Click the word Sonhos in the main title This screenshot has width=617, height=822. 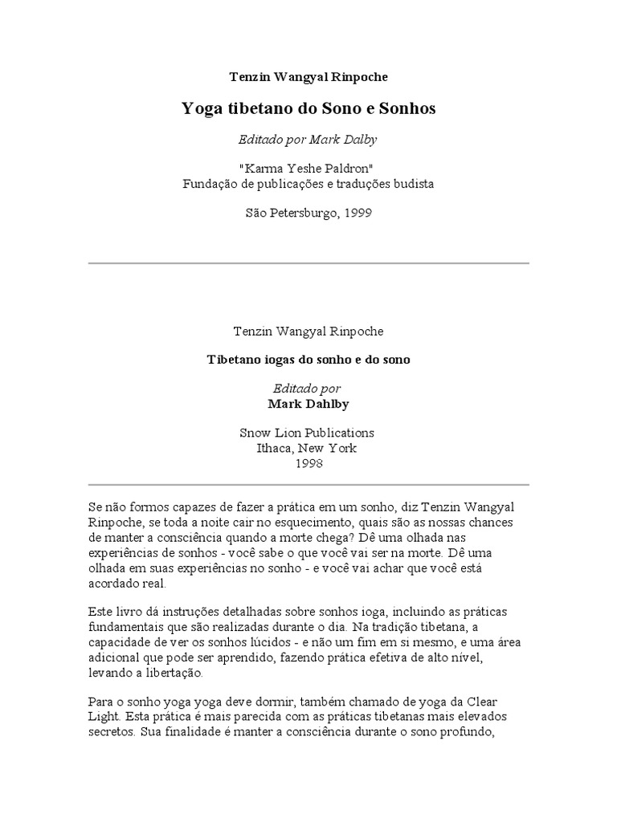pyautogui.click(x=407, y=109)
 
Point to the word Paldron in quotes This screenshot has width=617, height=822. pyautogui.click(x=348, y=168)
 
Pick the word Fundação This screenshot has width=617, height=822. pyautogui.click(x=210, y=183)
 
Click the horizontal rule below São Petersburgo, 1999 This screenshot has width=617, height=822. pyautogui.click(x=308, y=263)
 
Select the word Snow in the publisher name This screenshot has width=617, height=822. pyautogui.click(x=255, y=433)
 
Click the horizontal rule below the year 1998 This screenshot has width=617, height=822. pyautogui.click(x=308, y=485)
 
